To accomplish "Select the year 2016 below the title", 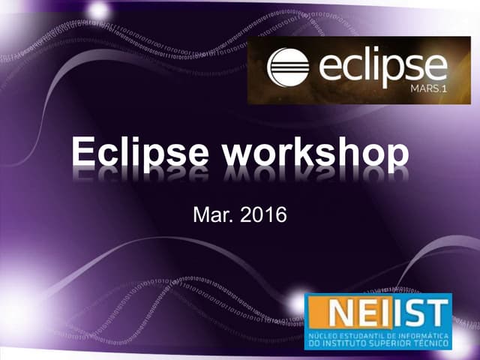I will click(263, 216).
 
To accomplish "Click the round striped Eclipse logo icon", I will click(289, 69).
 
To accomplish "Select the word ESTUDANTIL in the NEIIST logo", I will click(364, 336).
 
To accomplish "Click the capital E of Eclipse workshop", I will click(83, 153).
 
